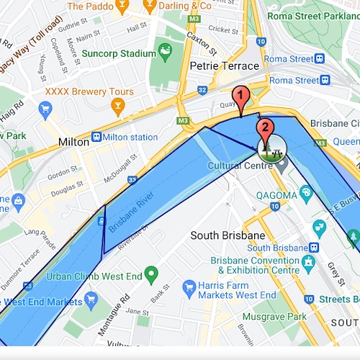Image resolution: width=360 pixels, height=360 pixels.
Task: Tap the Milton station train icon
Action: (x=96, y=138)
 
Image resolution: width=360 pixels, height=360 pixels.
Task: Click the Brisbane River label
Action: (x=134, y=212)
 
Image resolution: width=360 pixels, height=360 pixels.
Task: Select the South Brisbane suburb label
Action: (x=228, y=235)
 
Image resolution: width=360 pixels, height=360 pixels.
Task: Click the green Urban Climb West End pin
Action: (x=150, y=274)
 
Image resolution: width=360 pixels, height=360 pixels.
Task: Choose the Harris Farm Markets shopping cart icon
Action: (x=189, y=286)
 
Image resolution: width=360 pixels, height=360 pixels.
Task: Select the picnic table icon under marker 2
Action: (x=271, y=149)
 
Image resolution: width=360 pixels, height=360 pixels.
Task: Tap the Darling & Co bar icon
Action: (x=150, y=6)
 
